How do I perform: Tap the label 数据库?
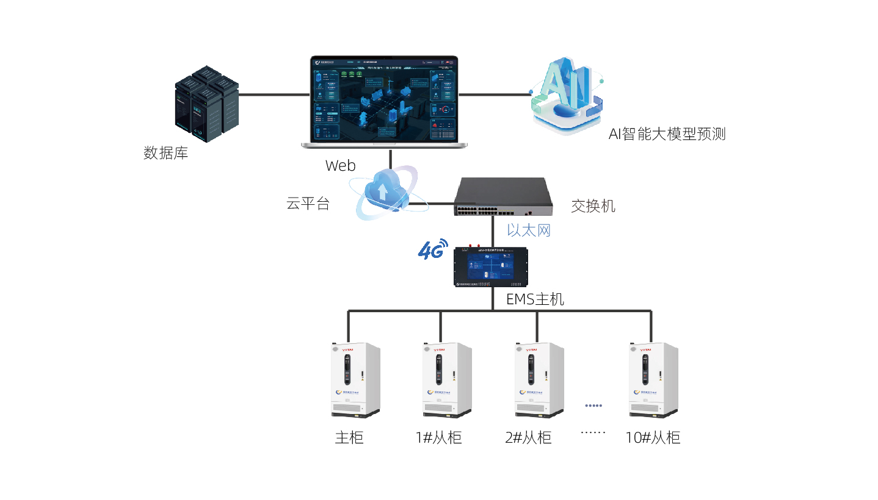[165, 153]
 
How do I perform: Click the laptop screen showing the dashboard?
[385, 99]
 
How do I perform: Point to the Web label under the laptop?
[340, 166]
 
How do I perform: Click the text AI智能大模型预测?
[667, 134]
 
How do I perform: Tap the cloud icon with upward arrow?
[383, 192]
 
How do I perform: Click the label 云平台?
[308, 204]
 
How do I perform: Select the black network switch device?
[503, 196]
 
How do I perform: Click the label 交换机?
[593, 206]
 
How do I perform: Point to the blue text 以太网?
[529, 230]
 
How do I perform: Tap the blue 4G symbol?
[433, 249]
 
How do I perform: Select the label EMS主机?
[535, 299]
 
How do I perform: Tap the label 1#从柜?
[438, 438]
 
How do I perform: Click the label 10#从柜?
[653, 438]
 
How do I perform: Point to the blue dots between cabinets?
[593, 405]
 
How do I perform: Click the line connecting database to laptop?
[274, 95]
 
